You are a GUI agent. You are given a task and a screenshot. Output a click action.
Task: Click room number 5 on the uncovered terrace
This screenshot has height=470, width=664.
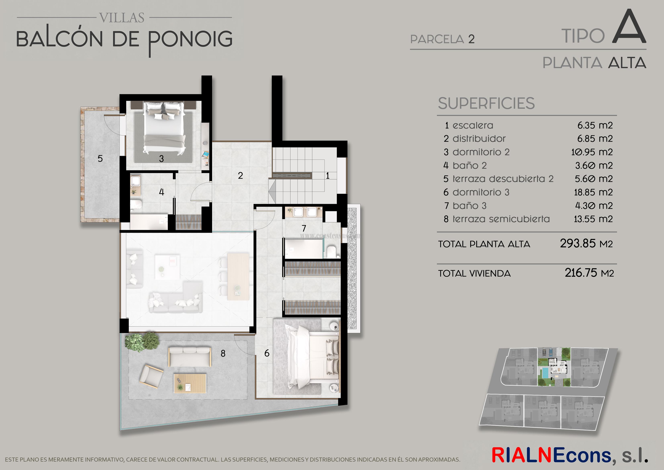click(x=100, y=159)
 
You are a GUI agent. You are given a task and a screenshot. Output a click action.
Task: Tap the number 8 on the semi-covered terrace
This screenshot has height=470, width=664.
click(x=223, y=353)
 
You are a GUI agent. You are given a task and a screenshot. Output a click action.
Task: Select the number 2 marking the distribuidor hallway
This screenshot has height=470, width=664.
click(x=240, y=175)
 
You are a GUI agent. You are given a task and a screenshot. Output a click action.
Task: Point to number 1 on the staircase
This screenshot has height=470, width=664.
click(x=328, y=176)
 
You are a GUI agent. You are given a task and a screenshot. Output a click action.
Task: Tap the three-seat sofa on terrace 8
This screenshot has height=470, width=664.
click(x=190, y=357)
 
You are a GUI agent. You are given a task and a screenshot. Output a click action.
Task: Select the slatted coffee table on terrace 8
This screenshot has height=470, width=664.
click(x=190, y=383)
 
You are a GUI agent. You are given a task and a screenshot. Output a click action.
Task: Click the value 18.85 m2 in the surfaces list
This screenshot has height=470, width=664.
click(x=593, y=192)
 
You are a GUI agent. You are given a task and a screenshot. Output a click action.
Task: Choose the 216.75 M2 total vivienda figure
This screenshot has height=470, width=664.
click(x=589, y=273)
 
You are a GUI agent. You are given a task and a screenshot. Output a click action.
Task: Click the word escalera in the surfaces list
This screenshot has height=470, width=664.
click(x=473, y=125)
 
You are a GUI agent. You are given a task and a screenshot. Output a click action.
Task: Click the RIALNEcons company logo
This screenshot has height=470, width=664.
click(x=569, y=455)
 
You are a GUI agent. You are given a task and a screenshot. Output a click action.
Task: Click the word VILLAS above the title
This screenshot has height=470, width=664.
click(x=122, y=18)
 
